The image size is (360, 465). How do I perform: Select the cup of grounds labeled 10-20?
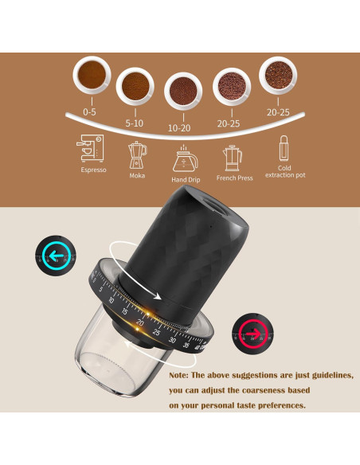[x=185, y=91]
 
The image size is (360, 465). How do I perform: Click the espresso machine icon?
[x=93, y=149]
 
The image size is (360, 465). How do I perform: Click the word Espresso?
[x=93, y=170]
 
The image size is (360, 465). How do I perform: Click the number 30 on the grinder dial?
[x=173, y=340]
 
